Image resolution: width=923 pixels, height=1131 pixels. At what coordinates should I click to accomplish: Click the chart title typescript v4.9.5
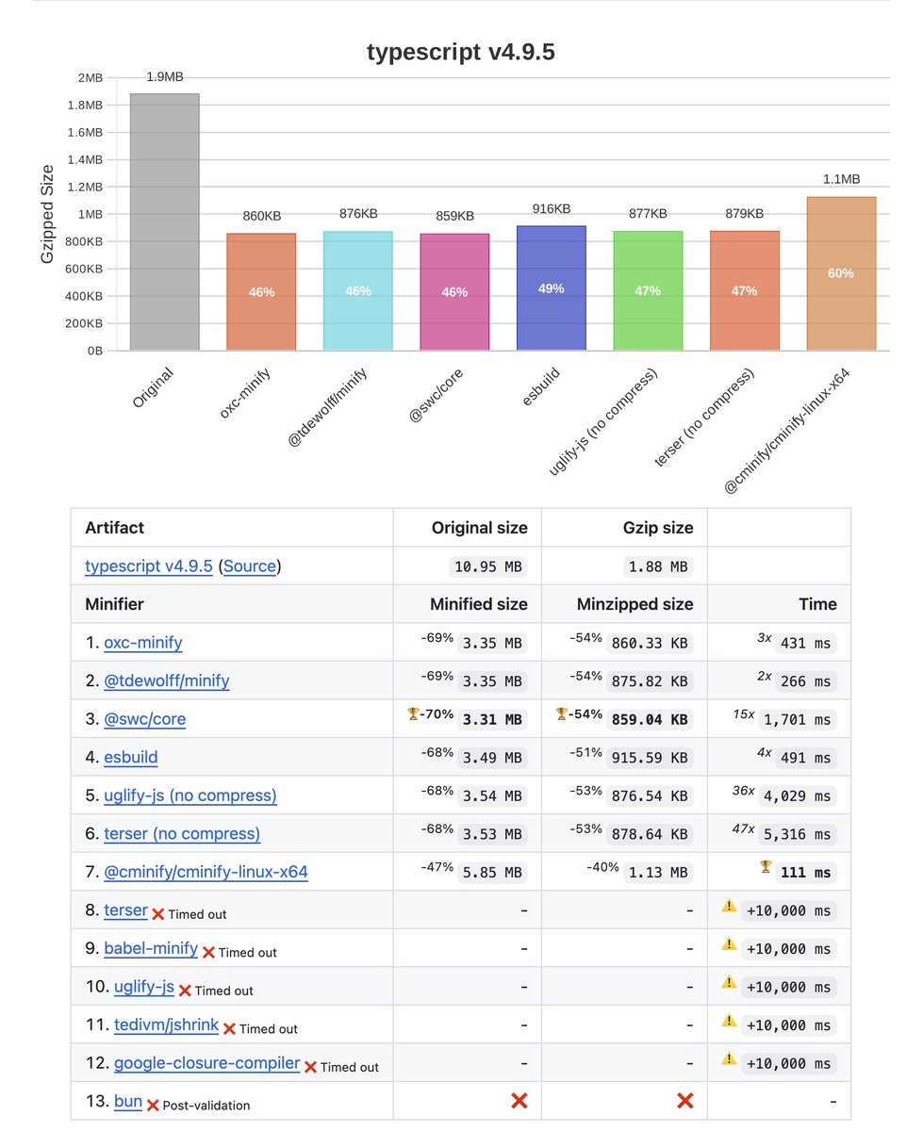pos(461,53)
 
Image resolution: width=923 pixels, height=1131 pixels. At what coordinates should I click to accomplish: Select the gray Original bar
pos(165,221)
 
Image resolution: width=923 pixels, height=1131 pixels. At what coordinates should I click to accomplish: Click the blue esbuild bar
pos(552,287)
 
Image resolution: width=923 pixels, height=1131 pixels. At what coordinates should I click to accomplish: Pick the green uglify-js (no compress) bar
pos(648,290)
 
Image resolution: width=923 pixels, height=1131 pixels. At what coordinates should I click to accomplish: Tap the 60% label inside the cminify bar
pos(841,273)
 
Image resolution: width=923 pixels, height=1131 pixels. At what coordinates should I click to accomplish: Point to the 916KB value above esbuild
pos(552,208)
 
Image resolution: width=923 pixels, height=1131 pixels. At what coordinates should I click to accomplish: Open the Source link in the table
pos(250,566)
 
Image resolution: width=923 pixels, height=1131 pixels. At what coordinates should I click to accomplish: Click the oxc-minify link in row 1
pos(142,643)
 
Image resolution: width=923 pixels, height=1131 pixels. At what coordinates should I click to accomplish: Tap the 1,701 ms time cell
pos(797,719)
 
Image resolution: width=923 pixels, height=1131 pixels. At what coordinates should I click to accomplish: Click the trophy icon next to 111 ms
pos(765,867)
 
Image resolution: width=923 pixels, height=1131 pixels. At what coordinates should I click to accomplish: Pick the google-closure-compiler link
pos(206,1063)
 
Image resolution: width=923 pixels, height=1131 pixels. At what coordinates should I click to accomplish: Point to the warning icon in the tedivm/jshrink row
pos(729,1020)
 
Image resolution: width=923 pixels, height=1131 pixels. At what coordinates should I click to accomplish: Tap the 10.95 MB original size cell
pos(487,566)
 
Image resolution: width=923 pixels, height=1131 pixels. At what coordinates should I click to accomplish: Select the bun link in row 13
pos(127,1101)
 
